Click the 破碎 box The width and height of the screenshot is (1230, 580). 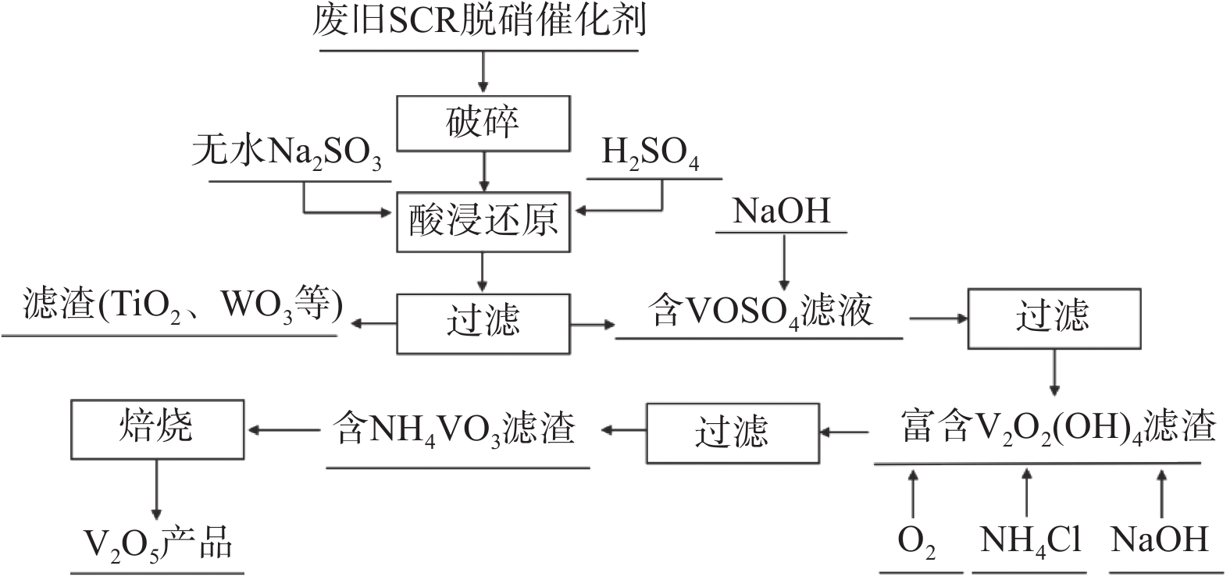click(x=483, y=123)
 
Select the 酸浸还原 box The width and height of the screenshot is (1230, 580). click(x=483, y=222)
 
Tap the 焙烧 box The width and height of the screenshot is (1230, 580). click(x=157, y=429)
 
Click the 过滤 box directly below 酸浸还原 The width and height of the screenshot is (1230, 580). click(x=483, y=322)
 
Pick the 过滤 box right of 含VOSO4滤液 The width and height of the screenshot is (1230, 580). click(x=1054, y=318)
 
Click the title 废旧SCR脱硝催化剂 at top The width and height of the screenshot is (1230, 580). click(x=480, y=23)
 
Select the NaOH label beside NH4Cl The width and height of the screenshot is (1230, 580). click(x=1160, y=539)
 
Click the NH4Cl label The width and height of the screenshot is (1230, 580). click(x=1030, y=539)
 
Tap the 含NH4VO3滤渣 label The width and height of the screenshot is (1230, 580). click(x=455, y=429)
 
